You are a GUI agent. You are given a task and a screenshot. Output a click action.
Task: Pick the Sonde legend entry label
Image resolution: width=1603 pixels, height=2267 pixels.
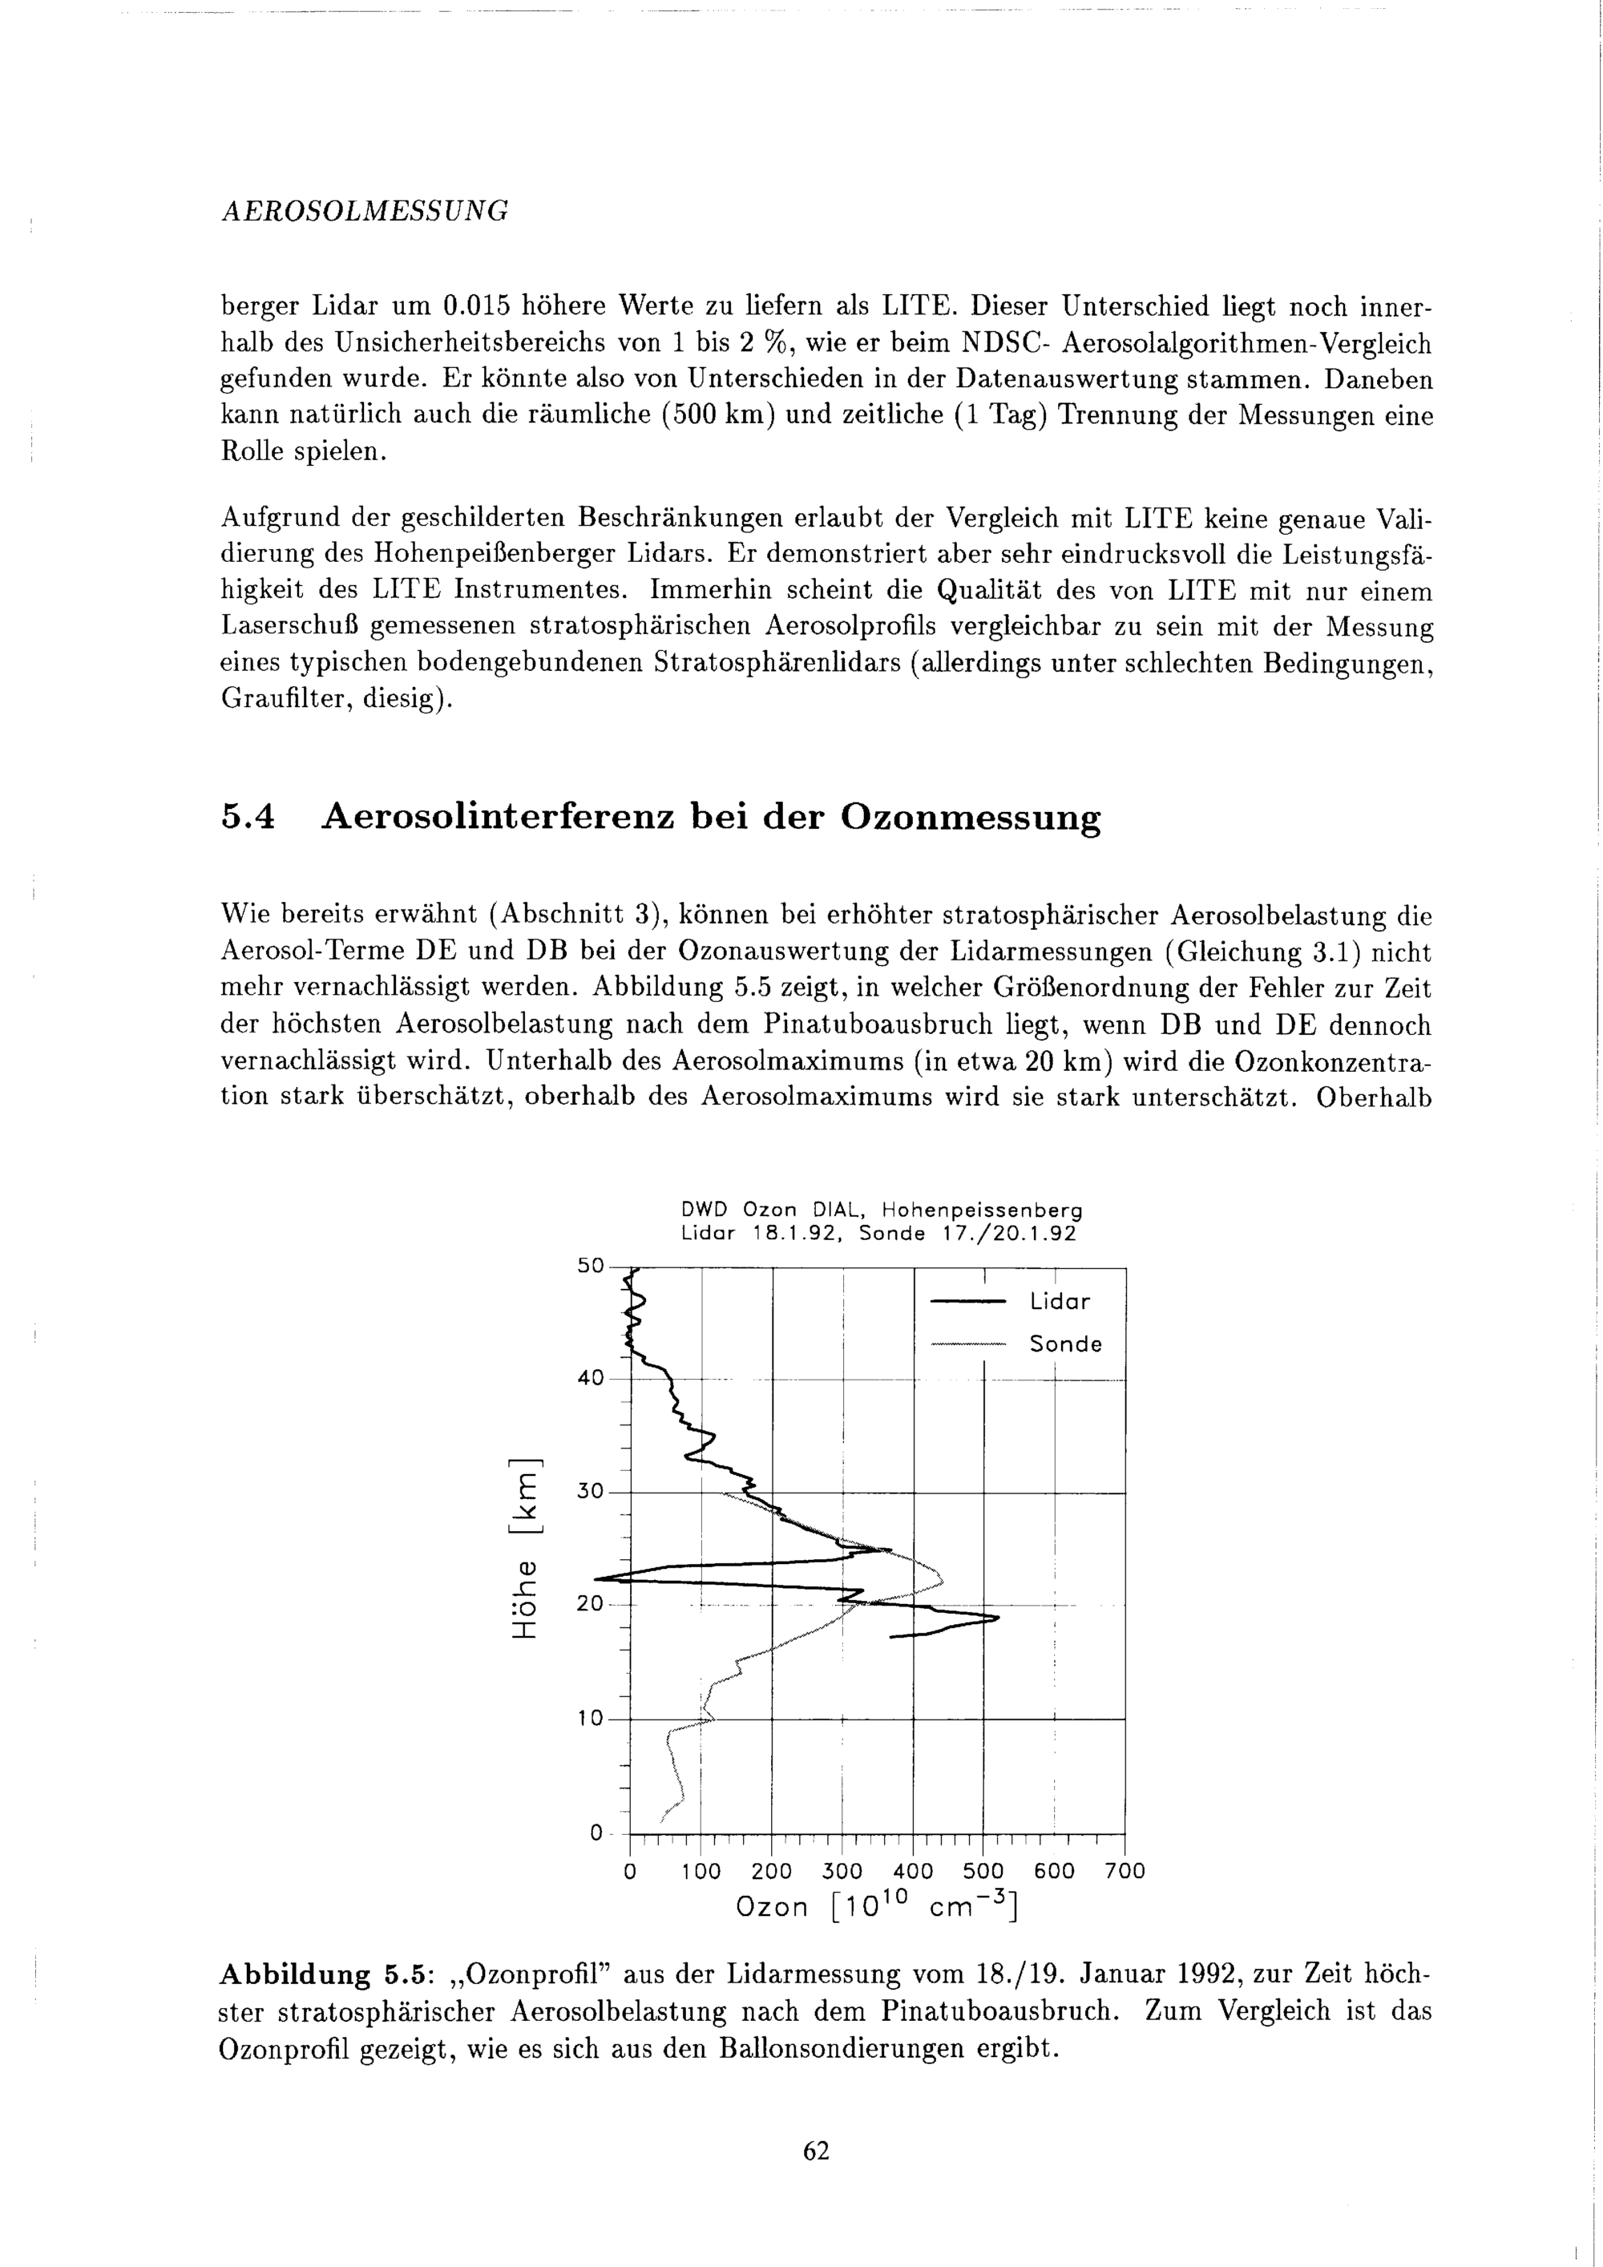[x=1065, y=1344]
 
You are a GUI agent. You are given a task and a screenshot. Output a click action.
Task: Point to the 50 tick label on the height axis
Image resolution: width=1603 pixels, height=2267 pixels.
[x=589, y=1266]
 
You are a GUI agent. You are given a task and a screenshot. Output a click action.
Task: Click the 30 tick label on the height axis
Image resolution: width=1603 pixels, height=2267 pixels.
[x=589, y=1491]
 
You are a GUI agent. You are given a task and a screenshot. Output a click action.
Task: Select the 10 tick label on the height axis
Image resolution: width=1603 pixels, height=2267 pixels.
[x=589, y=1719]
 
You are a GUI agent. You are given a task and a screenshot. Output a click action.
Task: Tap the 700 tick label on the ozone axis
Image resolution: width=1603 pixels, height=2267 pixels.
[x=1125, y=1871]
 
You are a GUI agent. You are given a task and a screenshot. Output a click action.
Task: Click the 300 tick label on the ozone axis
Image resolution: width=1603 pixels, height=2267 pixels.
[x=842, y=1871]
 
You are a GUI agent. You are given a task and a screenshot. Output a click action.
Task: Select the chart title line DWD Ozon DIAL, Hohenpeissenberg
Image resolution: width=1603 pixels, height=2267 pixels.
[x=882, y=1210]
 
